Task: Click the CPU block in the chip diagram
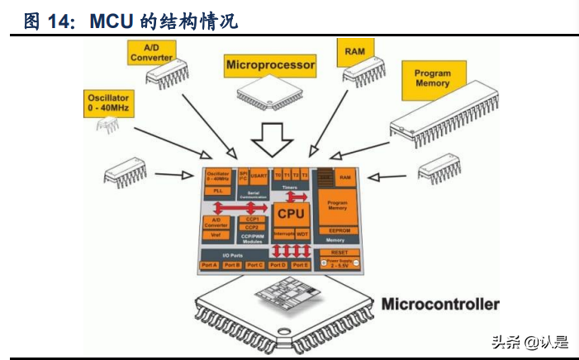[x=290, y=214]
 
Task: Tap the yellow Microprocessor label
[x=270, y=64]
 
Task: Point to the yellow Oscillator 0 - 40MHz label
[x=107, y=102]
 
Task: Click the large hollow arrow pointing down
[x=273, y=139]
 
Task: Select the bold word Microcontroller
[x=440, y=304]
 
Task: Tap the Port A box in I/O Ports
[x=210, y=265]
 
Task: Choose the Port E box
[x=301, y=265]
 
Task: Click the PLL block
[x=218, y=191]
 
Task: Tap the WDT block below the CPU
[x=303, y=234]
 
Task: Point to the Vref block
[x=216, y=234]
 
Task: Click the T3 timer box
[x=304, y=175]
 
